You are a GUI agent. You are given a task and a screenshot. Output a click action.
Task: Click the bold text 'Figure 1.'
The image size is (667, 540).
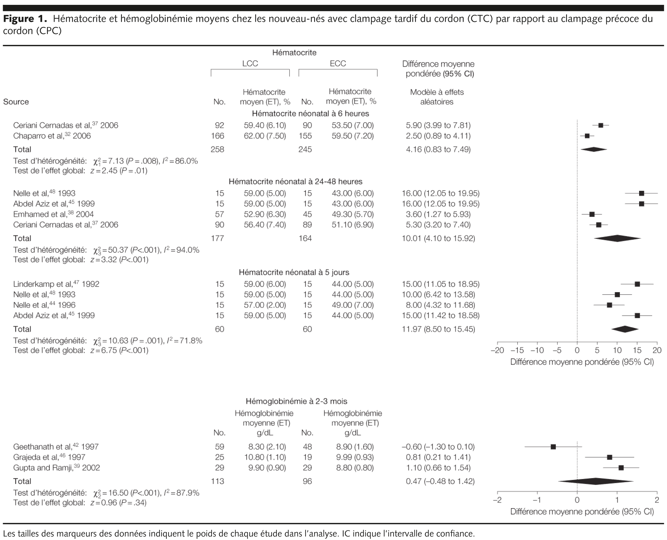point(25,19)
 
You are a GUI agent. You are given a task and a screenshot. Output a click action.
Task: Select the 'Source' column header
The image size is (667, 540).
point(16,102)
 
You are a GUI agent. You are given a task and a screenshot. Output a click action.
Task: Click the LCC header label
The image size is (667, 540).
point(250,63)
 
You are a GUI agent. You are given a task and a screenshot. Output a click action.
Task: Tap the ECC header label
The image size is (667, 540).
point(337,63)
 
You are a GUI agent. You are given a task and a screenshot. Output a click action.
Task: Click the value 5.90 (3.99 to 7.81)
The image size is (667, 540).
point(438,125)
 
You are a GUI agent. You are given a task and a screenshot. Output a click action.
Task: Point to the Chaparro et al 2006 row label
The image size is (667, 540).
point(52,136)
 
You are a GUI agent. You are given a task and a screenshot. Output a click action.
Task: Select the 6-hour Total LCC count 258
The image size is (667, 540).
point(217,149)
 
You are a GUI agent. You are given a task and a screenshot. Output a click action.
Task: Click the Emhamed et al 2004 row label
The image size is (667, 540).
point(53,214)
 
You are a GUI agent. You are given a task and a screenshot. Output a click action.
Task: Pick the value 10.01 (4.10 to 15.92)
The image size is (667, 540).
point(438,238)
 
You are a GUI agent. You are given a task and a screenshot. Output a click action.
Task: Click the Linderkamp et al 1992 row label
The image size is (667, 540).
point(56,284)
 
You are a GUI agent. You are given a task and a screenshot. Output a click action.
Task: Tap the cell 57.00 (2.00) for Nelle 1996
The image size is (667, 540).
point(264,305)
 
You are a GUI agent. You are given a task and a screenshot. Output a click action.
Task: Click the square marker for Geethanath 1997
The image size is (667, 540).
point(553,447)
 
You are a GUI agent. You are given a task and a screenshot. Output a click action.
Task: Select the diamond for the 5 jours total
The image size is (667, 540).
point(625,329)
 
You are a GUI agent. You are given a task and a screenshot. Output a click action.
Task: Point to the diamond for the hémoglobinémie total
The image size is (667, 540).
point(595,481)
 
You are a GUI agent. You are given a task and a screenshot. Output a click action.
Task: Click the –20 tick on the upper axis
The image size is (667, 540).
point(497,350)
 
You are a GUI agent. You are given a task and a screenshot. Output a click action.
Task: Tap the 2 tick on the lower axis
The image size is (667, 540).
point(657,500)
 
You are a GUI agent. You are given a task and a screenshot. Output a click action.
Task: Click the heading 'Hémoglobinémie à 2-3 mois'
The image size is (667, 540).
point(296,401)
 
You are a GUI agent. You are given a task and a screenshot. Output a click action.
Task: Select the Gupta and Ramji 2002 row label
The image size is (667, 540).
point(57,468)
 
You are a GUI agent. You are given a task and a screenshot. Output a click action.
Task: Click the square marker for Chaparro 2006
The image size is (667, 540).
point(587,136)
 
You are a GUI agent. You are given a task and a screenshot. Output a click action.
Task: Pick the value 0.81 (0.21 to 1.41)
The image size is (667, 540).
point(438,457)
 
